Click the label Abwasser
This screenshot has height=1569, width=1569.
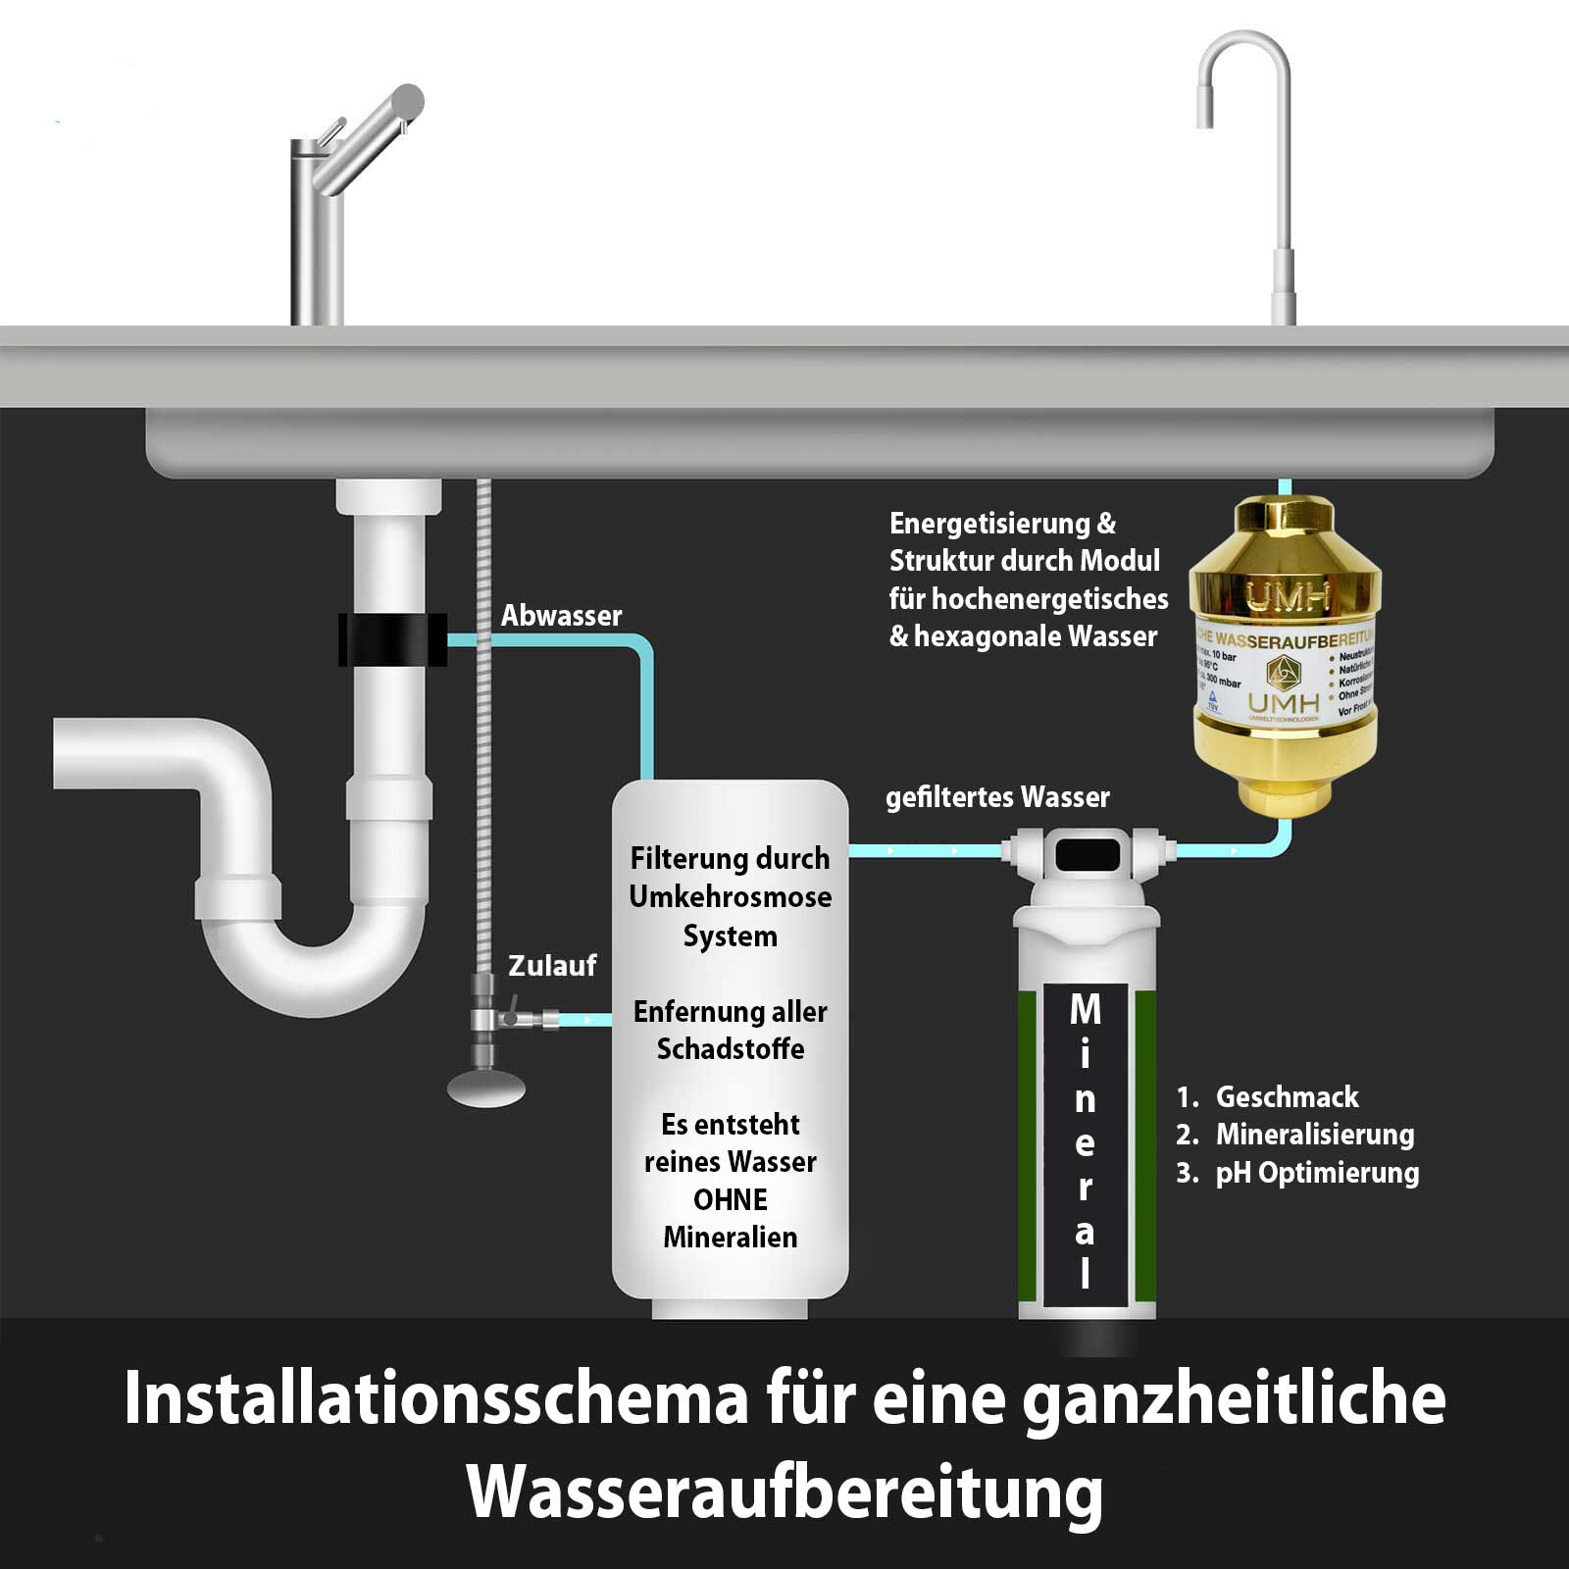click(561, 616)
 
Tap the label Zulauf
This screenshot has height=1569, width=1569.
click(551, 966)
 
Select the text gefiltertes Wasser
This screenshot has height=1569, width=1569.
click(997, 797)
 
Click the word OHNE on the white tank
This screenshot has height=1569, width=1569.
click(730, 1199)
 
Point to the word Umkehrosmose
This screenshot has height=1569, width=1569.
click(730, 896)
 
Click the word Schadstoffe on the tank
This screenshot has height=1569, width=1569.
click(730, 1049)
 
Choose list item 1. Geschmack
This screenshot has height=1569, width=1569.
click(1268, 1096)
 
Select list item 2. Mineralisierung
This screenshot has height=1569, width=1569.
click(1295, 1135)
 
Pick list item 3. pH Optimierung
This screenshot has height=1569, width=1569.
click(1297, 1173)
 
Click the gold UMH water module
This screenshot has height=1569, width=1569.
click(1285, 657)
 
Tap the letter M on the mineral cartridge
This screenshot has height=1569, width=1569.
click(1085, 1009)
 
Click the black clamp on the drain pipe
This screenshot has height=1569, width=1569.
click(392, 639)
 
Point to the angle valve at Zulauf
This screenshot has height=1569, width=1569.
click(484, 1020)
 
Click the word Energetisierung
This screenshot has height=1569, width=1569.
click(988, 524)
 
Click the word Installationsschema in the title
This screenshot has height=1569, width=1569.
click(435, 1398)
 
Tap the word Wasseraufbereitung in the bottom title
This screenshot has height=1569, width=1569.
click(784, 1493)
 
